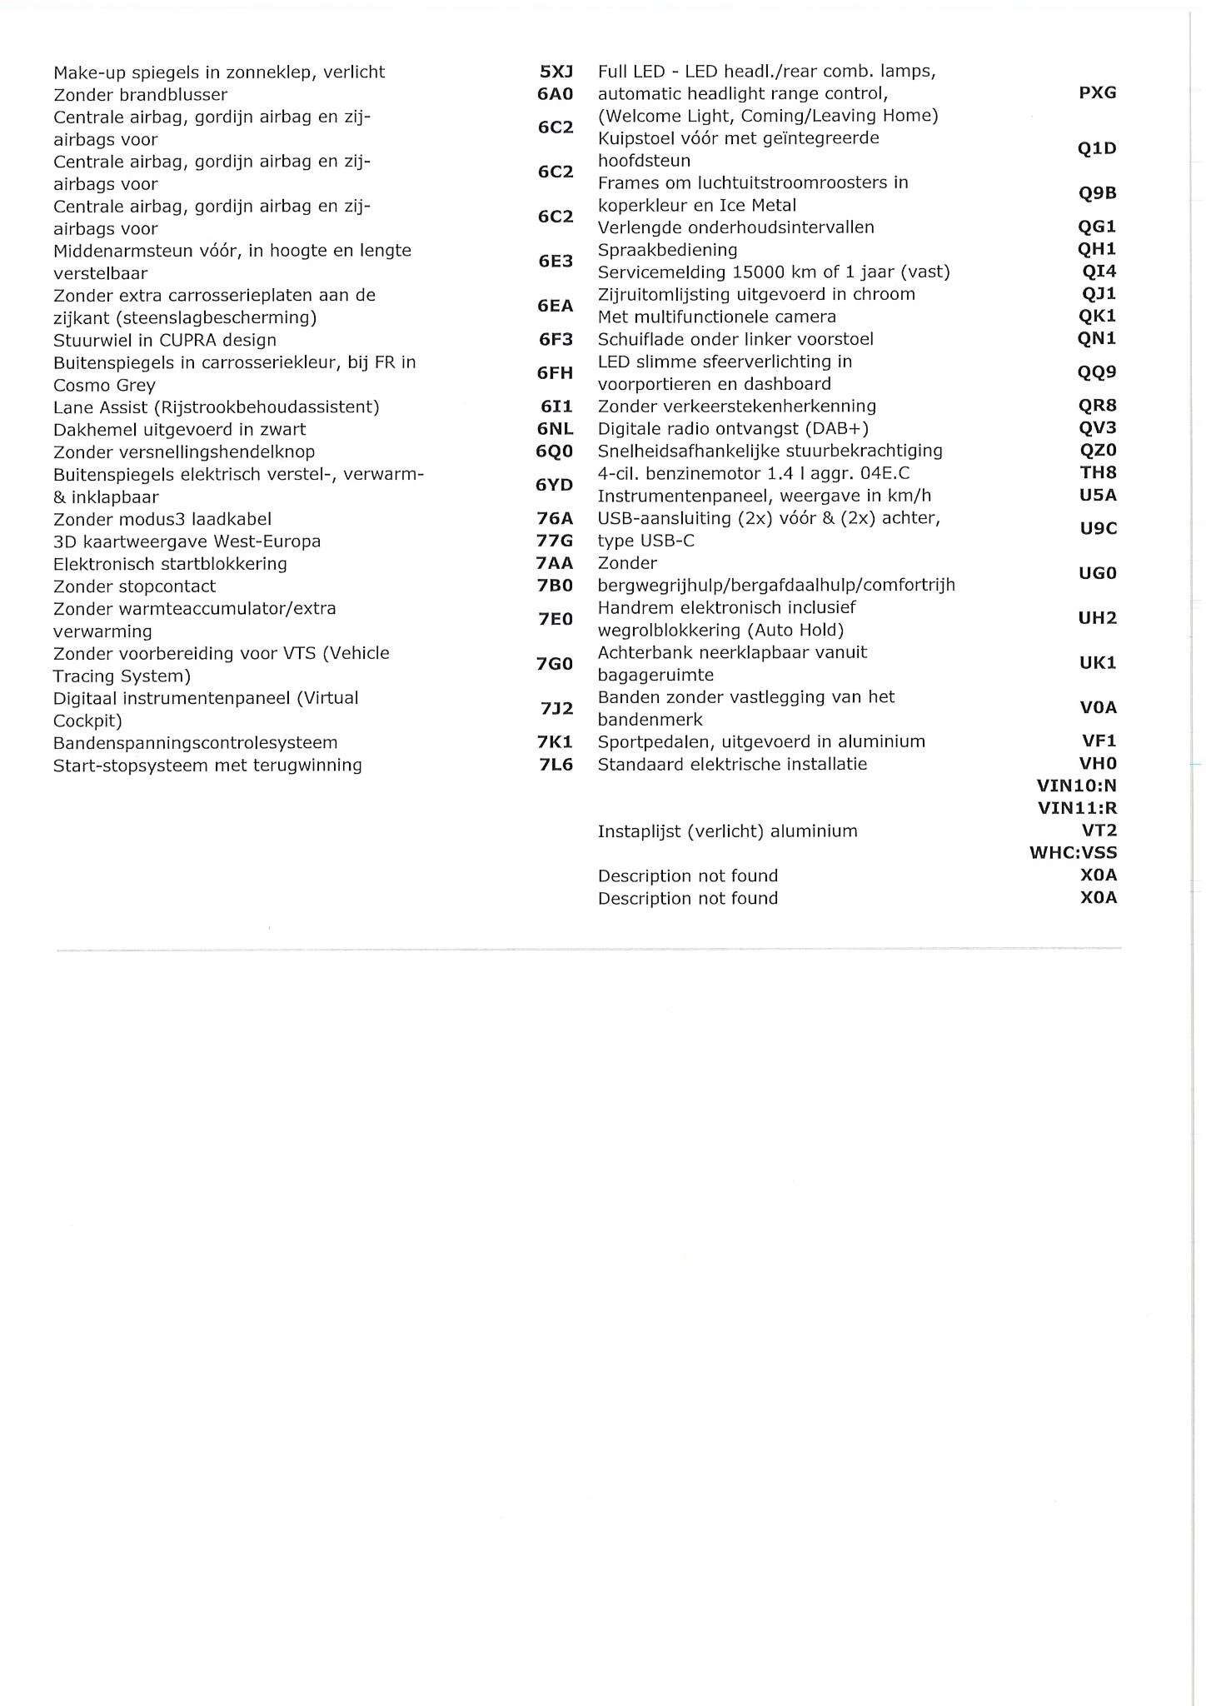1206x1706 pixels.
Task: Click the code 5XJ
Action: coord(556,72)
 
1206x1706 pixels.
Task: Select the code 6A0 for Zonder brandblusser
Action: coord(555,95)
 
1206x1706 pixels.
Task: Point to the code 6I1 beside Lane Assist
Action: coord(556,407)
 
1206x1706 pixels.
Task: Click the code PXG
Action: coord(1097,93)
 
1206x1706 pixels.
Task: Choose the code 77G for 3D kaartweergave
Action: coord(555,541)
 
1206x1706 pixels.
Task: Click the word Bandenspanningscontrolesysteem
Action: coord(195,743)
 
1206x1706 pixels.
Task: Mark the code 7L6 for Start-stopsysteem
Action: coord(556,765)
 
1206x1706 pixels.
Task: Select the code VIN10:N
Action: coord(1076,786)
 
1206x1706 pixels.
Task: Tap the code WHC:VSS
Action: coord(1073,853)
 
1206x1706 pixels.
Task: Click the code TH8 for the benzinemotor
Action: coord(1098,472)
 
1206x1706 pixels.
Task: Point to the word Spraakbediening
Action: coord(667,250)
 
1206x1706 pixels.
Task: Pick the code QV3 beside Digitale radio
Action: coord(1097,428)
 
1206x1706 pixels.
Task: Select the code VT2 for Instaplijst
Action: coord(1099,831)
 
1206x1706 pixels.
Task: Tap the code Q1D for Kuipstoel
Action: coord(1096,149)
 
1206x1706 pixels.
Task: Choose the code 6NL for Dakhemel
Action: coord(555,430)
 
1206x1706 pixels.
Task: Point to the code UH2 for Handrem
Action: coord(1097,618)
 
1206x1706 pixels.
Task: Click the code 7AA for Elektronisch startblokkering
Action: coord(555,564)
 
